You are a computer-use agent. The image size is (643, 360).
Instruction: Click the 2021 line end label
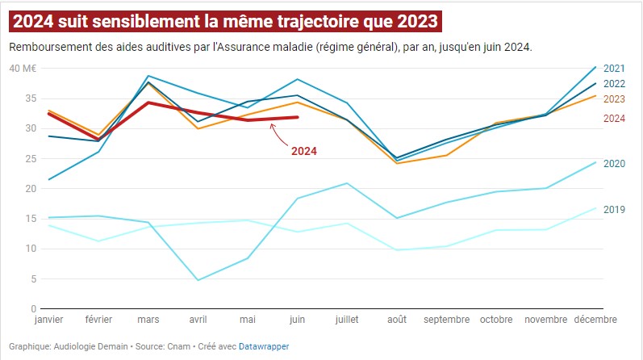pyautogui.click(x=615, y=68)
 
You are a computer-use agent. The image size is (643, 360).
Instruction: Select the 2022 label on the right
pyautogui.click(x=615, y=83)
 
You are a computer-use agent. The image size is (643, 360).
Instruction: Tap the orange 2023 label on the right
pyautogui.click(x=615, y=98)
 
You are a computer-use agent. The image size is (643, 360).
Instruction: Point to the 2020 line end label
pyautogui.click(x=615, y=164)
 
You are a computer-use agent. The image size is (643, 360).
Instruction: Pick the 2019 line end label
pyautogui.click(x=615, y=210)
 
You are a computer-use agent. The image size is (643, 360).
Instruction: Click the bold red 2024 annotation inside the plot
pyautogui.click(x=303, y=151)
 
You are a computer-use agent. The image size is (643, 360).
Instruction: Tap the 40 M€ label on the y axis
pyautogui.click(x=23, y=68)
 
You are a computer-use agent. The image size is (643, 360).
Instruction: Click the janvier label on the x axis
pyautogui.click(x=48, y=320)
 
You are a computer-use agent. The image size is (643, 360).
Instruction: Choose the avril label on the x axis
pyautogui.click(x=198, y=320)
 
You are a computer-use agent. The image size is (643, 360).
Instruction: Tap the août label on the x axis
pyautogui.click(x=396, y=320)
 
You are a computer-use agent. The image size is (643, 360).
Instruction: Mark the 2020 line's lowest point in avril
pyautogui.click(x=198, y=280)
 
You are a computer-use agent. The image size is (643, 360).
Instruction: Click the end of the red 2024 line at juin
pyautogui.click(x=298, y=117)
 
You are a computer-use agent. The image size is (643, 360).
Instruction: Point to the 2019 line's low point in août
pyautogui.click(x=396, y=250)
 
